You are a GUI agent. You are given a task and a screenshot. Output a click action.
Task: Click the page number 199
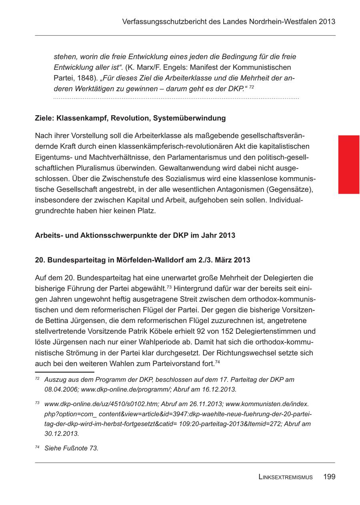[x=329, y=477]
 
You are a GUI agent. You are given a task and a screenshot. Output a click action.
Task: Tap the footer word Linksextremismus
[x=285, y=477]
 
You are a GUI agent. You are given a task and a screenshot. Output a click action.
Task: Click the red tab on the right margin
[x=349, y=164]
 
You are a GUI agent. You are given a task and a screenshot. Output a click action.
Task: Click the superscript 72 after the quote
[x=252, y=87]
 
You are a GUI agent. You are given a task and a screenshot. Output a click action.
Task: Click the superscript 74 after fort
[x=218, y=362]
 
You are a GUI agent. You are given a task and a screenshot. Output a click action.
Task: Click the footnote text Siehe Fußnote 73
[x=71, y=448]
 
